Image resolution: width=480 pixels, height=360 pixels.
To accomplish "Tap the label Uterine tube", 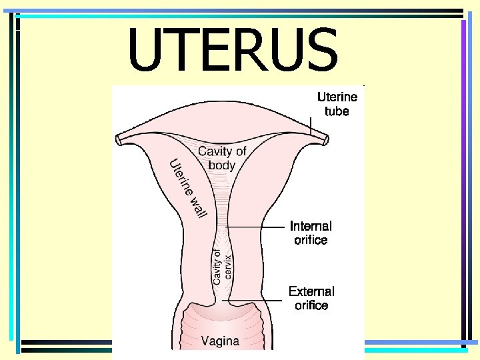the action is coord(337,103).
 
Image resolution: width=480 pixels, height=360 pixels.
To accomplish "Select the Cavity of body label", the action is coord(222,158).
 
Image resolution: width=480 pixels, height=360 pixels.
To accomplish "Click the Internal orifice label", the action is coord(311,233).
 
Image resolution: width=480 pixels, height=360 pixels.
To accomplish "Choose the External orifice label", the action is coord(311,298).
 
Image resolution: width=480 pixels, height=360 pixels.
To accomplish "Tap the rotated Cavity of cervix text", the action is coord(222,267).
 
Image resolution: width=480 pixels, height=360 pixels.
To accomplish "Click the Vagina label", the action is coord(220,341).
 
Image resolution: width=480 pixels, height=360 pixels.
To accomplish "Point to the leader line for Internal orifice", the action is coord(257,227).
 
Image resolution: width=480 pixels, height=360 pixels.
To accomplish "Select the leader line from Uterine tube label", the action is coord(311,127).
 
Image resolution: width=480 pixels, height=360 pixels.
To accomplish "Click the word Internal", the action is coord(311,226).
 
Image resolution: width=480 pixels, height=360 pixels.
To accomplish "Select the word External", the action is coord(311,291).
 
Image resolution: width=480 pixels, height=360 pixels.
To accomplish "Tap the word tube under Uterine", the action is coord(337,111).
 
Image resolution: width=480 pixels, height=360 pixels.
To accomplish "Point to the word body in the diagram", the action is coord(222,165).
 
